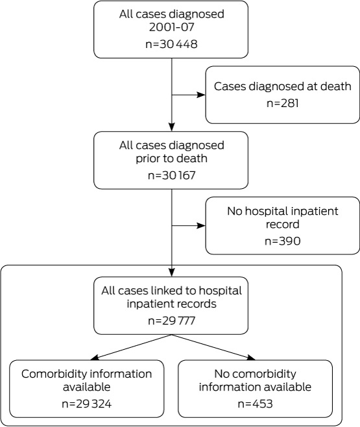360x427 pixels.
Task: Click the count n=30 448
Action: coord(171,44)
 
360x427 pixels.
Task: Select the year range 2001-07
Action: coord(171,27)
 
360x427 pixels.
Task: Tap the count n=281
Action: coord(282,103)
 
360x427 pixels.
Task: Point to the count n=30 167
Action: coord(171,175)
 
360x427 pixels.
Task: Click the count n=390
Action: coord(282,241)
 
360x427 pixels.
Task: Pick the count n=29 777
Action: coord(171,321)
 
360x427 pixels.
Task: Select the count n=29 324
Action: coord(86,404)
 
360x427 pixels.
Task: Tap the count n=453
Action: coord(255,404)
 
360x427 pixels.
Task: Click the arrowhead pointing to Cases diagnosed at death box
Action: coord(201,95)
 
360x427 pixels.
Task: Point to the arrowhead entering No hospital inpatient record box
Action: coord(201,225)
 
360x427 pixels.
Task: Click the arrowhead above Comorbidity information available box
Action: coord(95,358)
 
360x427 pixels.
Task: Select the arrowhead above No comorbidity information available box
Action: coord(251,358)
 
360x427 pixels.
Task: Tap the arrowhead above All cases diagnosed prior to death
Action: coord(171,127)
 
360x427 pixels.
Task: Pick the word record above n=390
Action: coord(282,225)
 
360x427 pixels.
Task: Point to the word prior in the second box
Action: coord(147,159)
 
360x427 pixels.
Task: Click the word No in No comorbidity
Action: coord(221,374)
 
